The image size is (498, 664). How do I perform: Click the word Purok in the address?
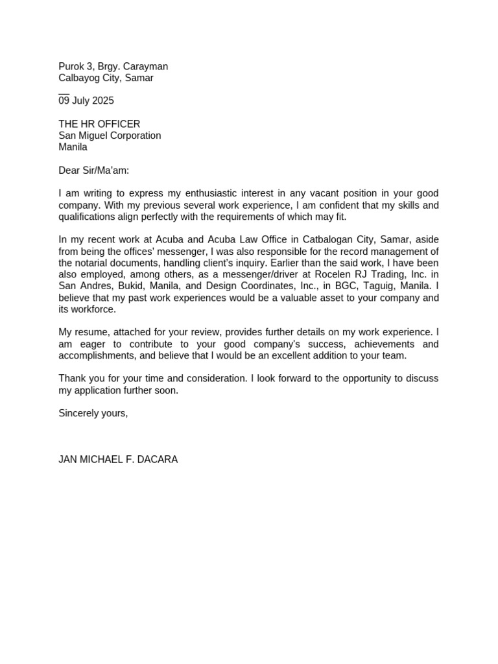(71, 66)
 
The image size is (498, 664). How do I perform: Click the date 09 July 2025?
(86, 101)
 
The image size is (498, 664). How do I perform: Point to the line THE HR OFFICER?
(99, 124)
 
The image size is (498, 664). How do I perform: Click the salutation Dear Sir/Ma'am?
(94, 171)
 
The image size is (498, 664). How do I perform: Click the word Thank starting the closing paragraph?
(72, 379)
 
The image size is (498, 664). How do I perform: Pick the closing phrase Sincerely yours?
(93, 413)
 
